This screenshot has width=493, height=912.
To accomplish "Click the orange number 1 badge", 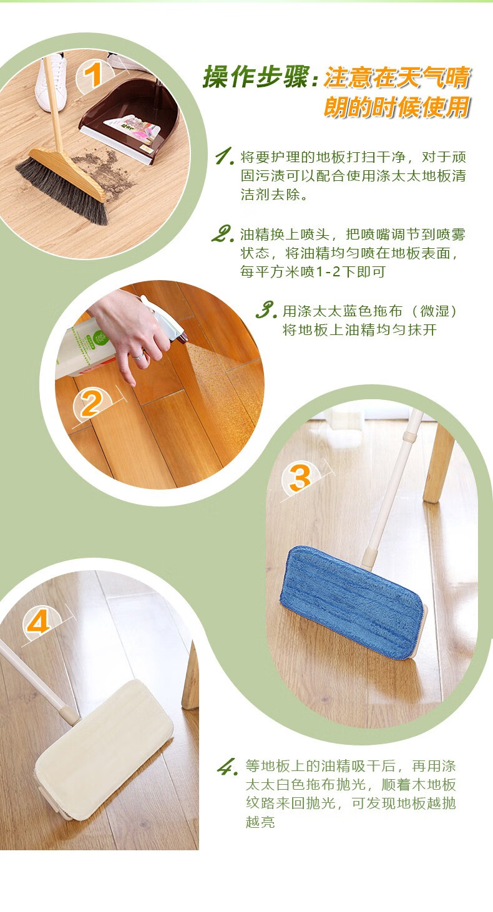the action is click(x=94, y=75).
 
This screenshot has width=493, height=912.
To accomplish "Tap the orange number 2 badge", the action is click(x=92, y=404).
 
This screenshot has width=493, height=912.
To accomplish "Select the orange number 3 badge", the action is click(x=300, y=478).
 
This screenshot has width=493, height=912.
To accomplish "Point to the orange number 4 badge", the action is click(x=39, y=622).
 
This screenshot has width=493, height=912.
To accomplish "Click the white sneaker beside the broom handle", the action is click(x=51, y=84).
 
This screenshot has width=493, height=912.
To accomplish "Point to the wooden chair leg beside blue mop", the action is click(x=439, y=464).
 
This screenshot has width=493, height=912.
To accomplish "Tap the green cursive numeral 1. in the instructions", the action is click(x=225, y=157).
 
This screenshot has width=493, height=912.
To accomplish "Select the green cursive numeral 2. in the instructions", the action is click(x=223, y=234).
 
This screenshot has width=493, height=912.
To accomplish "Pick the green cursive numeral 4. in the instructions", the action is click(x=227, y=767).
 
